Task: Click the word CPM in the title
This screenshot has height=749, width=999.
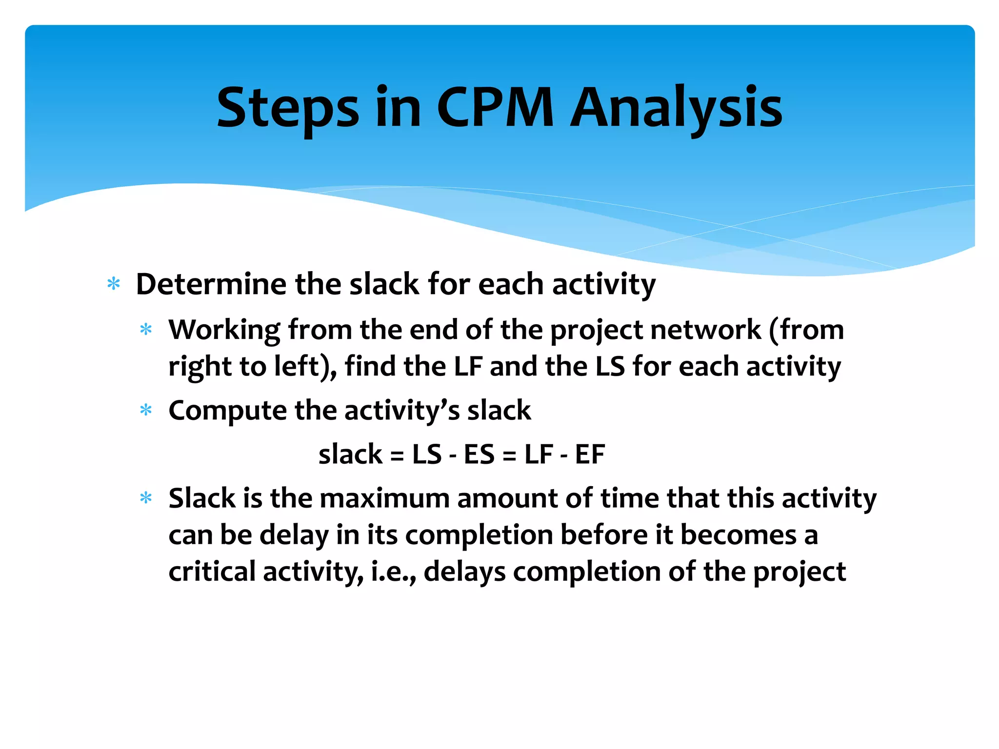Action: (495, 108)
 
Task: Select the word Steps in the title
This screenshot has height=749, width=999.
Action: (288, 108)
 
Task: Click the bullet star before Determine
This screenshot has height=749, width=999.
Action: (114, 284)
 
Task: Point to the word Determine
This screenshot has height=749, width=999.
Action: (211, 284)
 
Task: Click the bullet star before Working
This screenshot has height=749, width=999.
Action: (146, 330)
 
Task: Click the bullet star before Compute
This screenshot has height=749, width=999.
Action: (146, 411)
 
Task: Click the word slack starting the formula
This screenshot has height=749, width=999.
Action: (350, 454)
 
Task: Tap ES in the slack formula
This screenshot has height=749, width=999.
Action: (479, 454)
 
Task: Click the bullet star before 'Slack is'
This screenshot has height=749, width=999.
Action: (146, 498)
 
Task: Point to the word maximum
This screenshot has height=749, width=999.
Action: (384, 498)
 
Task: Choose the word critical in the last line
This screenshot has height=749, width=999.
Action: (212, 572)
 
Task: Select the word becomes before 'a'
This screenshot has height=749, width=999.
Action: (738, 535)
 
